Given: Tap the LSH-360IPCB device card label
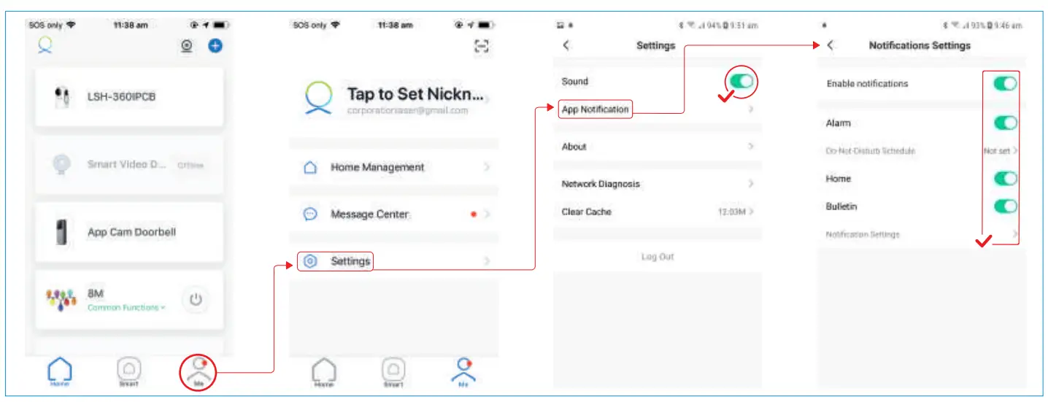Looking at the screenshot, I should (x=121, y=97).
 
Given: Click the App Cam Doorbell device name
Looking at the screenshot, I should (x=131, y=232).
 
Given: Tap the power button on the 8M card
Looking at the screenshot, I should (x=195, y=299).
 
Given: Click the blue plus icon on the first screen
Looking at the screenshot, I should (x=215, y=46).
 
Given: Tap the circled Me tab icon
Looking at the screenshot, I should (x=199, y=371).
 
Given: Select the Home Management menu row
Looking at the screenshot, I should (x=377, y=167).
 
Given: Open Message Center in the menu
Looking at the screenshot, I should (x=369, y=214).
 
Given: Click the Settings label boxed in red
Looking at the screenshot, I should (x=350, y=261).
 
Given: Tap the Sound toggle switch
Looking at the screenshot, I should (x=741, y=81).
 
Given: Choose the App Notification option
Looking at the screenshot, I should (x=595, y=109).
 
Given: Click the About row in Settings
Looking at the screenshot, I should (x=574, y=147).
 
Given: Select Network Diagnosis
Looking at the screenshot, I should (x=600, y=184).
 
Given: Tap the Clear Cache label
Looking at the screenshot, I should (x=586, y=212).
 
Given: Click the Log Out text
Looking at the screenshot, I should (x=657, y=257).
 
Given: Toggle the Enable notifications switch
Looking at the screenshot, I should (x=1005, y=84).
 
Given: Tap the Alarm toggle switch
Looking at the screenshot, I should (x=1005, y=123).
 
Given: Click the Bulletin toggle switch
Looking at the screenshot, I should (x=1005, y=206).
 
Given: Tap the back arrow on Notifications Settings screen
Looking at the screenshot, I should (x=831, y=45).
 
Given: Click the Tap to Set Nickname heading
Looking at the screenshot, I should (x=415, y=94).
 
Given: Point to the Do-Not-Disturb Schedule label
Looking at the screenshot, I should (x=870, y=151).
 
